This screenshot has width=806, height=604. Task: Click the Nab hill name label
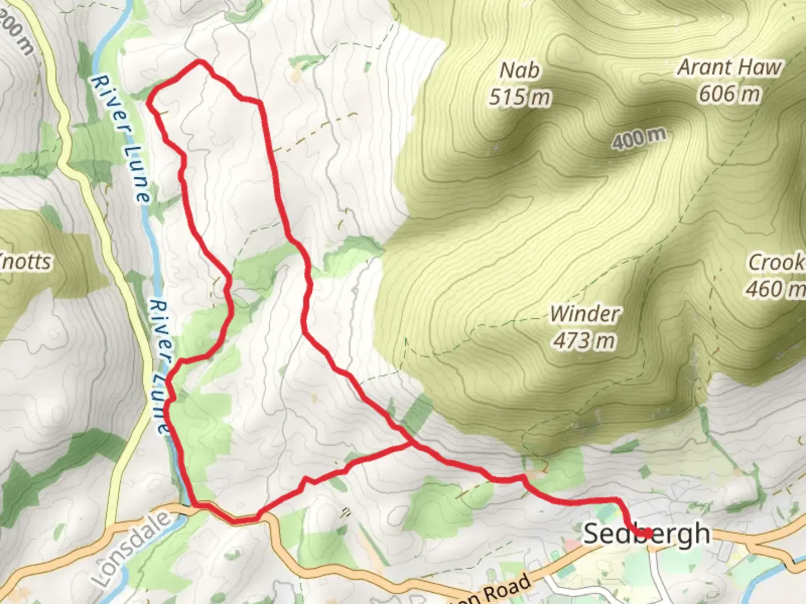click(519, 70)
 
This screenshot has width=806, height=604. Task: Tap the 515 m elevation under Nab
click(519, 97)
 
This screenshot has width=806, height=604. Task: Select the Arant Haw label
click(729, 67)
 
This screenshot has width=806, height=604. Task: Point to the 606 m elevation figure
click(729, 93)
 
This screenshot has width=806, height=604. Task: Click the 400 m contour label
click(639, 138)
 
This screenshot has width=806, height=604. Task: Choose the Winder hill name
click(585, 314)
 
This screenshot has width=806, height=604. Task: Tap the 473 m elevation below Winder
click(585, 340)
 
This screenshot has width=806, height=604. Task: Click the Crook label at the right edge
click(777, 262)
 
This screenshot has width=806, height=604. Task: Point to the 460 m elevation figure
click(776, 289)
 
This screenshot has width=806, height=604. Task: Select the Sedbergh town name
click(646, 534)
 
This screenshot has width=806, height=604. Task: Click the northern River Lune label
click(120, 139)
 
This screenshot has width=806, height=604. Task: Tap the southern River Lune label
click(161, 367)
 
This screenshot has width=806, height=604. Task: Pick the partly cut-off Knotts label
click(25, 261)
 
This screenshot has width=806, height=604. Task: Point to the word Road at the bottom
click(507, 591)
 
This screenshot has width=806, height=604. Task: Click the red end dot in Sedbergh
click(647, 534)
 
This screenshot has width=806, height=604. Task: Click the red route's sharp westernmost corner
click(148, 102)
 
